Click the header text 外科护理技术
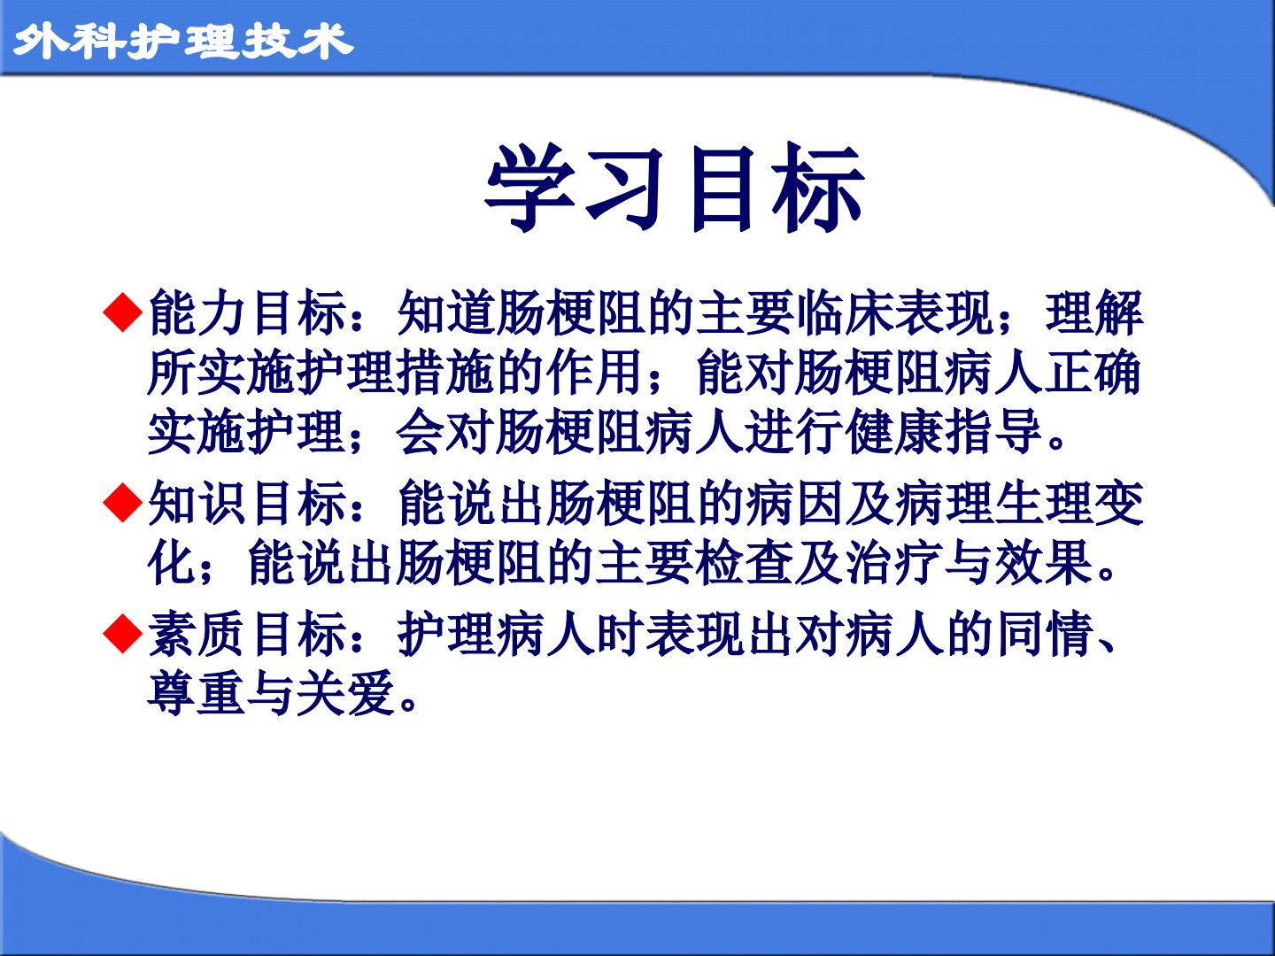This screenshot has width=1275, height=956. coord(183,42)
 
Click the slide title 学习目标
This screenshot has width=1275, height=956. coord(675,188)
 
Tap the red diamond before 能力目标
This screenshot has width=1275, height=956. coord(122,312)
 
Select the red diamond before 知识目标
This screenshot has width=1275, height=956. coord(122,503)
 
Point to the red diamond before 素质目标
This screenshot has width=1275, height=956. coord(122,634)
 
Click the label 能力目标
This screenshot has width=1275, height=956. coord(247,312)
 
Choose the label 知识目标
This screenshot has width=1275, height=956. coord(247,503)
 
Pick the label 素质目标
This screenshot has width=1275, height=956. coord(247,634)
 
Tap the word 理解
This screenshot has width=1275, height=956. coord(1094,312)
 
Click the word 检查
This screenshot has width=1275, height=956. coord(746,562)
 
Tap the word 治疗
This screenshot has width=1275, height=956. coord(894,562)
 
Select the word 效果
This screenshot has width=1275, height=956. coord(1044,562)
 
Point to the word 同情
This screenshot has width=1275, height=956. coord(1044,634)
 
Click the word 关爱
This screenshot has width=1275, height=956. coord(346,693)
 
